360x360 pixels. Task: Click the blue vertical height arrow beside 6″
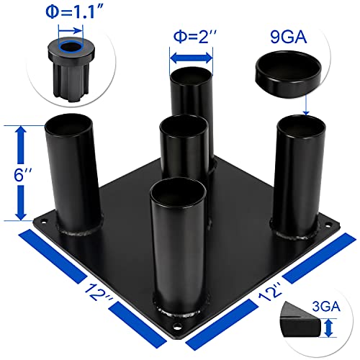click(x=21, y=173)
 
